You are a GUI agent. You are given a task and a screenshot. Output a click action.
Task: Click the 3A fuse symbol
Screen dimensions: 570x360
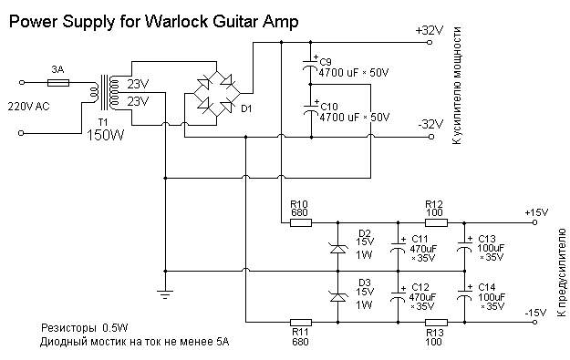pos(58,83)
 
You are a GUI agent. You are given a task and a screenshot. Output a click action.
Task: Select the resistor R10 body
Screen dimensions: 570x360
pos(301,222)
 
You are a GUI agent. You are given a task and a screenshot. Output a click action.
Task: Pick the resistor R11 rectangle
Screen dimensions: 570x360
pos(301,323)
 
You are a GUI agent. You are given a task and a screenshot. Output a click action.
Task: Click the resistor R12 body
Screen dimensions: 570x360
pos(436,222)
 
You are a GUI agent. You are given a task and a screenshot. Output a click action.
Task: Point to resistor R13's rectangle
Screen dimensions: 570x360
pos(436,323)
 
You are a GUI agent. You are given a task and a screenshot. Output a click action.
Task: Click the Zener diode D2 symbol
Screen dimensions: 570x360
pos(338,249)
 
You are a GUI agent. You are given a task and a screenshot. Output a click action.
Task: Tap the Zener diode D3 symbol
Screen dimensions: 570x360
pos(338,297)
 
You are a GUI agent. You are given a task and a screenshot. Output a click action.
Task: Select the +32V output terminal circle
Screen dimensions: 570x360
pos(430,43)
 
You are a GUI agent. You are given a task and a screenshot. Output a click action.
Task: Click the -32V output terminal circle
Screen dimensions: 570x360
pos(431,137)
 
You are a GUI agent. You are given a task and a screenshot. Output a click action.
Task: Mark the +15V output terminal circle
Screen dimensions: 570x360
pos(534,222)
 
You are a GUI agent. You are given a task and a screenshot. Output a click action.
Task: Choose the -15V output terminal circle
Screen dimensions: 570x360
pos(534,323)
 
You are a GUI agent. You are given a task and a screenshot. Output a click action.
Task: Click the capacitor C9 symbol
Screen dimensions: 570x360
pos(310,66)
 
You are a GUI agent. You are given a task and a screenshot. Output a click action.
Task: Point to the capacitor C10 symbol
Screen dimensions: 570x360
pos(311,109)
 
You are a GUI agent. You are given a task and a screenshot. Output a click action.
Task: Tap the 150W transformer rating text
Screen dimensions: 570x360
pos(106,135)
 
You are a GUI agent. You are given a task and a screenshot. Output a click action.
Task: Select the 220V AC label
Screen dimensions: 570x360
pos(28,107)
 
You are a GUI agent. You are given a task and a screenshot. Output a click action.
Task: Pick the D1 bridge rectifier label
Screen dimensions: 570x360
pos(246,108)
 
